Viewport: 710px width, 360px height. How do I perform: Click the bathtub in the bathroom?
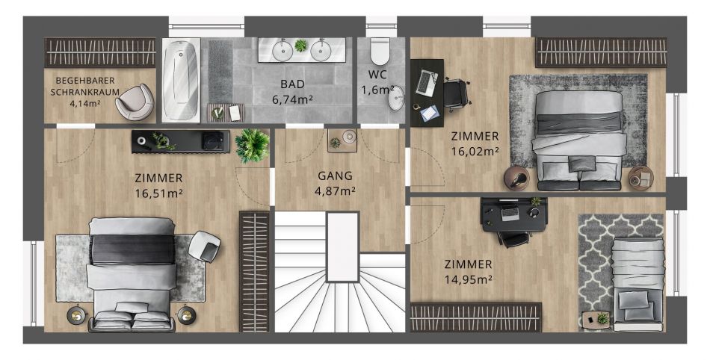click(x=181, y=80)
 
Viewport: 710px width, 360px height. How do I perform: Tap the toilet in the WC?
click(x=380, y=51)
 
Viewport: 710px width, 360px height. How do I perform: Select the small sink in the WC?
click(x=396, y=99)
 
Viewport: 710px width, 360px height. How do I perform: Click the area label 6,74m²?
click(x=292, y=99)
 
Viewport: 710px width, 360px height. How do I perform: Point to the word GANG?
click(x=335, y=176)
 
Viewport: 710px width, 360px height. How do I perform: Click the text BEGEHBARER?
click(x=85, y=81)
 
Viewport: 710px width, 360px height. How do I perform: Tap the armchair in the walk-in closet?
click(x=135, y=102)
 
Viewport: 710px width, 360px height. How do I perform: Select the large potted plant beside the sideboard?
click(x=252, y=145)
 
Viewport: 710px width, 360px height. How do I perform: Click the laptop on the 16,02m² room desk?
click(x=426, y=83)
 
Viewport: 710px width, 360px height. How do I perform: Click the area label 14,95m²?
click(x=468, y=280)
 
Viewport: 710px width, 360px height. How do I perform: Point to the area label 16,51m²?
click(x=159, y=193)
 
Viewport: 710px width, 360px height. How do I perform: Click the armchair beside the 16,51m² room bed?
click(x=204, y=246)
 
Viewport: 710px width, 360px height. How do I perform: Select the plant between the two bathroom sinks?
click(x=300, y=46)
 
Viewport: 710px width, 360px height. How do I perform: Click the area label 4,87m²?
click(x=335, y=191)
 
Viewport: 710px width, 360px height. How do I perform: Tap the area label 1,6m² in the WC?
click(x=377, y=90)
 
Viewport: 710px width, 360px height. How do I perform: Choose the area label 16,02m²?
click(x=475, y=152)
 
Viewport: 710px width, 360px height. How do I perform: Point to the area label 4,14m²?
click(x=85, y=103)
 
